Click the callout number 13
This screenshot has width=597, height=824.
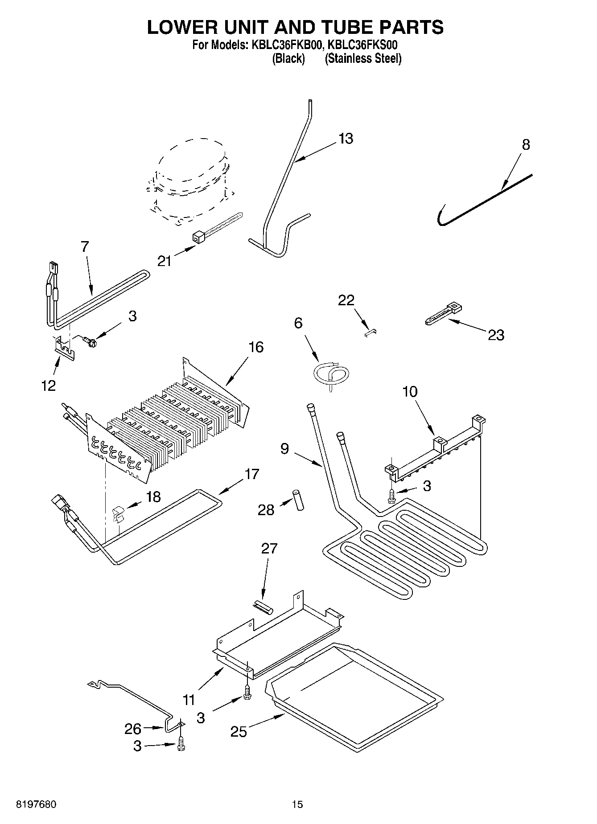tap(346, 139)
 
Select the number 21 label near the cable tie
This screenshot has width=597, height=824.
tap(164, 261)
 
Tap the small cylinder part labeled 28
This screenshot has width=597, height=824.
tap(297, 500)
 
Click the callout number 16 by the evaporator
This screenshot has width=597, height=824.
tap(256, 347)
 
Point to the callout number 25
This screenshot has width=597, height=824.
tap(239, 731)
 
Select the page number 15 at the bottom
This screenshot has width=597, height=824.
tap(297, 804)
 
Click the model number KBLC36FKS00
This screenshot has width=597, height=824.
tap(362, 45)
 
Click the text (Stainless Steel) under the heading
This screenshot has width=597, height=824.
tap(363, 58)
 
